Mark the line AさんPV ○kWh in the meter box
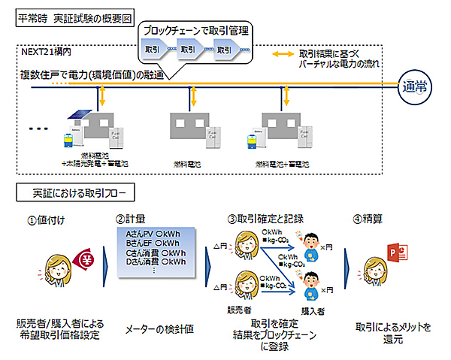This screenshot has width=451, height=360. pos(154,234)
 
